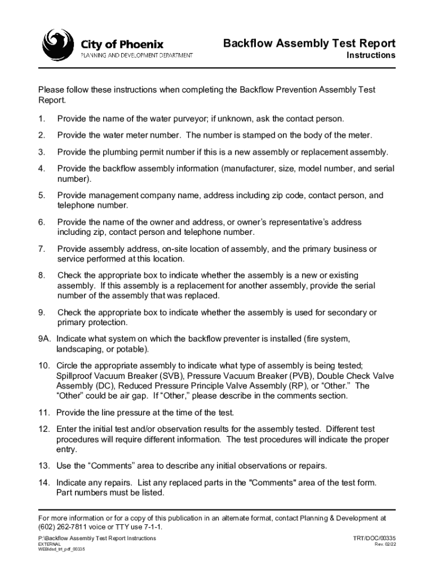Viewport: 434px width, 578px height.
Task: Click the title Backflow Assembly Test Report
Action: point(309,43)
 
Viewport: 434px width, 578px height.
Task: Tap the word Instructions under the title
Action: point(370,55)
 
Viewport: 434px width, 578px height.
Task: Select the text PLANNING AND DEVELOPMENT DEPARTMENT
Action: point(137,55)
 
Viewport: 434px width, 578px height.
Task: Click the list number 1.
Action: point(41,119)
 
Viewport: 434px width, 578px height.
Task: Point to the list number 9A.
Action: point(44,339)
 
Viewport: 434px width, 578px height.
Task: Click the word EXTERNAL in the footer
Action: point(50,544)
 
